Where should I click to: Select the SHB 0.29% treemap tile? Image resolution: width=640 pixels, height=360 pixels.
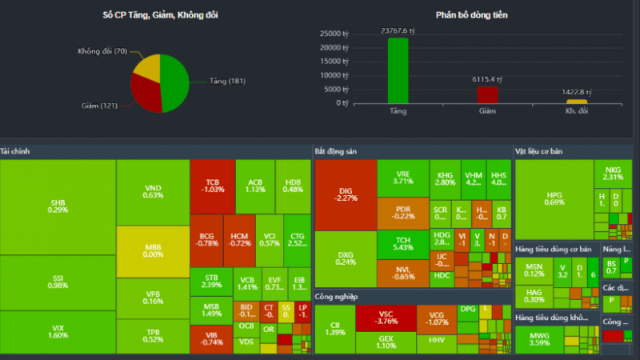tap(58, 206)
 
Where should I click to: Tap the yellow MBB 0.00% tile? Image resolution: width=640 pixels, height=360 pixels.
tap(152, 251)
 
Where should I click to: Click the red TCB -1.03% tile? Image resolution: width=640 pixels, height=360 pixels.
tap(212, 186)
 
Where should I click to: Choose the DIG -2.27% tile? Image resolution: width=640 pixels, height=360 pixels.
tap(345, 194)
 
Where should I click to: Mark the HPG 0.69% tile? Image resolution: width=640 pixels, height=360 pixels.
tap(554, 198)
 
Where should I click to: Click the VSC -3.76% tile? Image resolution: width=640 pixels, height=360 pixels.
tap(386, 318)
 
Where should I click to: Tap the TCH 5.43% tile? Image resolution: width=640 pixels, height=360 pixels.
tap(402, 243)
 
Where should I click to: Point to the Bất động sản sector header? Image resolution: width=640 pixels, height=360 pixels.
tap(337, 150)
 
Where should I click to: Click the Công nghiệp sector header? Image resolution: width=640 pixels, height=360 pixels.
tap(337, 297)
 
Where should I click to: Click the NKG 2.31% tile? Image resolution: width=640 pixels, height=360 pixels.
tap(613, 173)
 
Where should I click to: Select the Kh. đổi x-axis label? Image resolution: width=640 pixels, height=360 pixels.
tap(577, 110)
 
